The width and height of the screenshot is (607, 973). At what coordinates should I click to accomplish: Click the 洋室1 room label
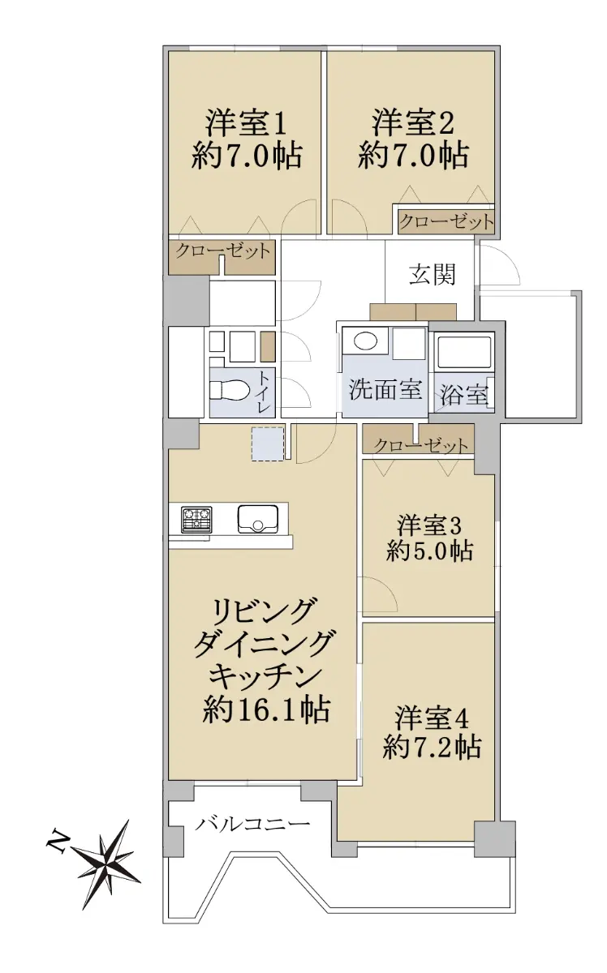246,124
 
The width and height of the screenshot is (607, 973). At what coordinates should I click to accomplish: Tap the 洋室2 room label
412,124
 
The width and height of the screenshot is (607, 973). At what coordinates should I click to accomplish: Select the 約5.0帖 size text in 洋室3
428,551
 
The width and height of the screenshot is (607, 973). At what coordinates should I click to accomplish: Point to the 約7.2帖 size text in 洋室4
432,746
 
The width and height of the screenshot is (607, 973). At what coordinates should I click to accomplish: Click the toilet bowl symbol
228,390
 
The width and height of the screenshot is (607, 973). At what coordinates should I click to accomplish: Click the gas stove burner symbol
196,520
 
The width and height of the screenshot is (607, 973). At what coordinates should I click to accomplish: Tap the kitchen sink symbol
258,519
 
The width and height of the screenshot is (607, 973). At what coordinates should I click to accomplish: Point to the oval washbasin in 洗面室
365,341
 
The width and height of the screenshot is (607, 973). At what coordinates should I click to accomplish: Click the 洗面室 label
385,390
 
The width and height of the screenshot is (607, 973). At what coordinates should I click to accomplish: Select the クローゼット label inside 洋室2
446,222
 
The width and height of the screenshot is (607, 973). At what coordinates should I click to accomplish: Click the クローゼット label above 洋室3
421,446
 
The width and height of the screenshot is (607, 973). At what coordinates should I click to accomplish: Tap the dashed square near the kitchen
268,444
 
